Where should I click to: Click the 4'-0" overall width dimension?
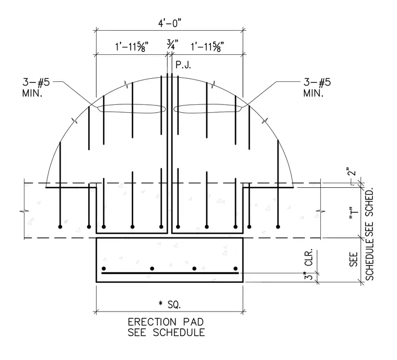pyautogui.click(x=170, y=23)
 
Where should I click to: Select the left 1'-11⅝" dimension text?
pyautogui.click(x=132, y=47)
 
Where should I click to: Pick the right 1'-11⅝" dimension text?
pyautogui.click(x=207, y=47)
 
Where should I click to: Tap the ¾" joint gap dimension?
pyautogui.click(x=172, y=44)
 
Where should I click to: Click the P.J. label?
pyautogui.click(x=183, y=65)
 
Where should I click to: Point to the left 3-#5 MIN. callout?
pyautogui.click(x=36, y=88)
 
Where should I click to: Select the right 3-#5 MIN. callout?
pyautogui.click(x=317, y=88)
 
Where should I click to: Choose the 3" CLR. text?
pyautogui.click(x=309, y=264)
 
